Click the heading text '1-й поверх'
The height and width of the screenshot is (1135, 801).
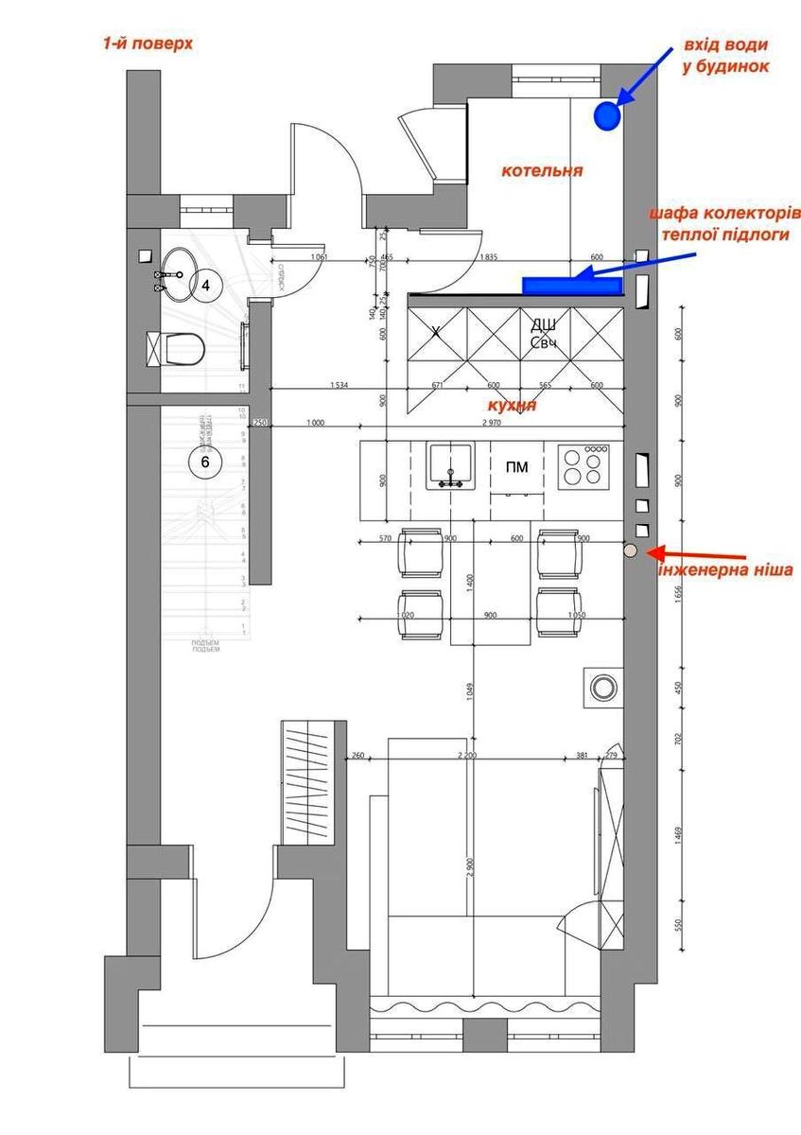(148, 44)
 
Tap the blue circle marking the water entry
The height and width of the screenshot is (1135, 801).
(606, 116)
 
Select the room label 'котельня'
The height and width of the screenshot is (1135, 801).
(542, 171)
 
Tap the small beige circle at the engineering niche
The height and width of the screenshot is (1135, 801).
(630, 550)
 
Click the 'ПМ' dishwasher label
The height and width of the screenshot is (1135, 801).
(517, 466)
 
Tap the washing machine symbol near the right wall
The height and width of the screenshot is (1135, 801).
(601, 688)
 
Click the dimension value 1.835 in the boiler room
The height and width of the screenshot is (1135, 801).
(489, 257)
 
